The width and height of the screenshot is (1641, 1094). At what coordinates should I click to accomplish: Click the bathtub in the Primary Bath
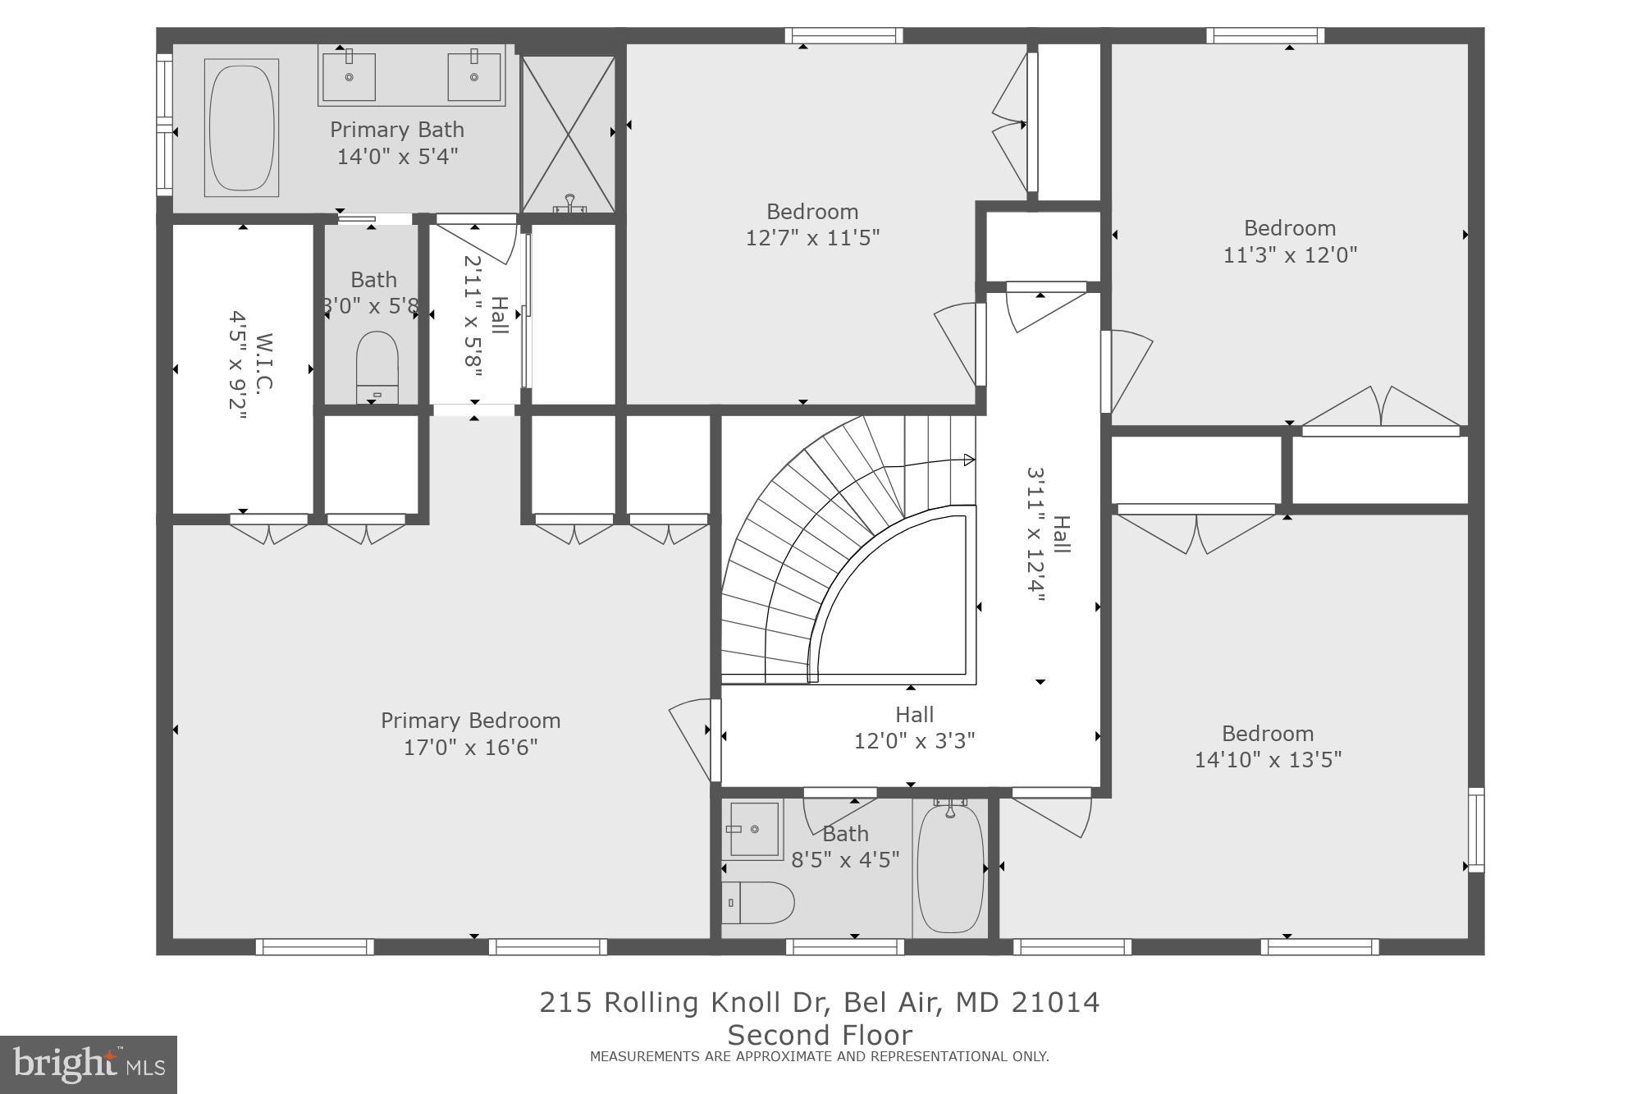point(241,127)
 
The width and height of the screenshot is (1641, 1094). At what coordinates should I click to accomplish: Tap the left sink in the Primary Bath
point(349,77)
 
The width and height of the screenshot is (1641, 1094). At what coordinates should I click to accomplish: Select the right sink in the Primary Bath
point(474,77)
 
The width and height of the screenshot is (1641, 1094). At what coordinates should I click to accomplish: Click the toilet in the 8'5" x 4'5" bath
point(759,903)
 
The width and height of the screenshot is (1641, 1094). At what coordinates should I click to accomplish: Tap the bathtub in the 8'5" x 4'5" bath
point(950,868)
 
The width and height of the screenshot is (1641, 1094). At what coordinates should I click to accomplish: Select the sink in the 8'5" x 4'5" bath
point(753,829)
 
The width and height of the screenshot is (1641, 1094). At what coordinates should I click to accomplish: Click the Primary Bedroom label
point(470,721)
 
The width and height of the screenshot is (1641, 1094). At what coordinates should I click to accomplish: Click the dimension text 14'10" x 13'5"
point(1267,760)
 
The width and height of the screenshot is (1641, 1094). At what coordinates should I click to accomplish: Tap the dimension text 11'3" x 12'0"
point(1290,255)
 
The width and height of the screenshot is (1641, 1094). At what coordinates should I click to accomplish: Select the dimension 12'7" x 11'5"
point(812,238)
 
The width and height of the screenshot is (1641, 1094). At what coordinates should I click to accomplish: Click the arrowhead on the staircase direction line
point(969,460)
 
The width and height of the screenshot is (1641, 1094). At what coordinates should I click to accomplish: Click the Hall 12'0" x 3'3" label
point(914,728)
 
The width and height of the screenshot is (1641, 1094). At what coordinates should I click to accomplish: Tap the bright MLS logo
point(89,1064)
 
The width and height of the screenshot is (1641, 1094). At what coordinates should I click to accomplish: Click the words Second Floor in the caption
point(819,1034)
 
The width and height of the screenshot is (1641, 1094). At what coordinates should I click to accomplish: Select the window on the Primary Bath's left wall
point(165,125)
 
